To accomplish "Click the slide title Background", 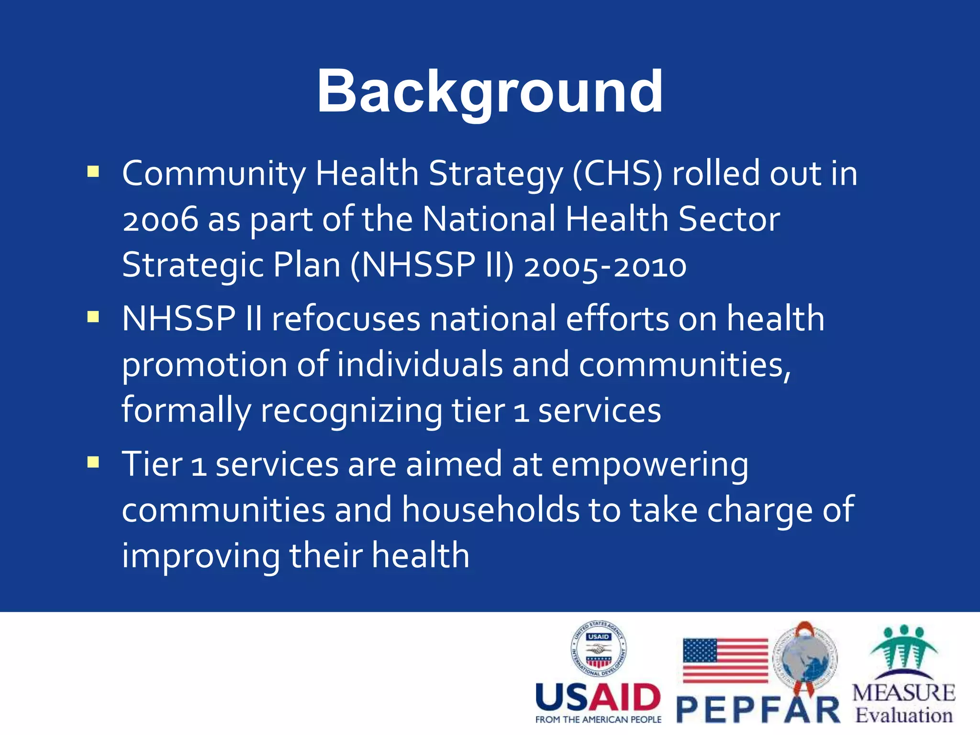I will tap(490, 92).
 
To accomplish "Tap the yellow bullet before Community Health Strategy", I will tap(93, 171).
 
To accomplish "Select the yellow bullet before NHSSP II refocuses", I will tap(93, 317).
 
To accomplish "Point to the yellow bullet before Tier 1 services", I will tap(93, 462).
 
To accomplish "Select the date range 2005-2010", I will tap(605, 266).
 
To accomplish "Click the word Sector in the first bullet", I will tap(729, 220).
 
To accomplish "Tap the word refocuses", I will tap(345, 319).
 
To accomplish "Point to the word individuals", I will tap(420, 365).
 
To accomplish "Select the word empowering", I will tap(650, 465).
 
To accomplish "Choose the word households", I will tap(490, 510).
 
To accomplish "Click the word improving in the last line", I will tap(201, 556).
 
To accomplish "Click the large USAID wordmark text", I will tap(598, 697).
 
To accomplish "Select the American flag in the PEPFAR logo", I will tap(725, 660).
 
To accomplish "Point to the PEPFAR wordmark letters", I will tap(758, 710).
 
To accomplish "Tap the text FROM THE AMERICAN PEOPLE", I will tap(598, 720).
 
